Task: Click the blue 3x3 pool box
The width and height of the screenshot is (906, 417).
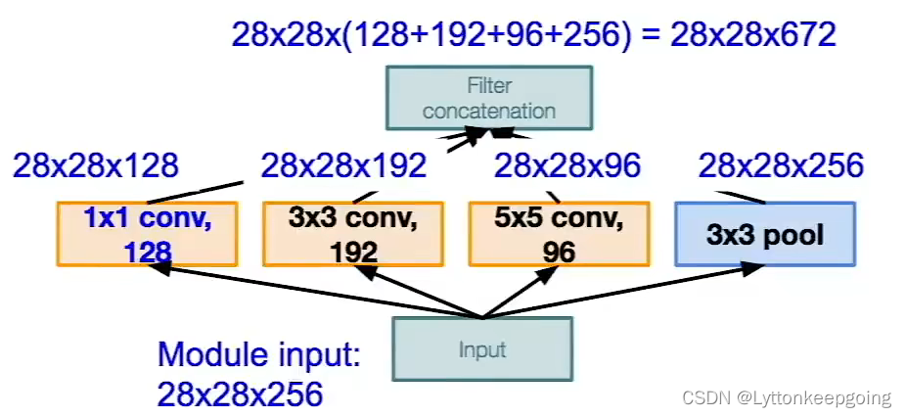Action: [x=765, y=234]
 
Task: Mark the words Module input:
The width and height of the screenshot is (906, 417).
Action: [x=259, y=354]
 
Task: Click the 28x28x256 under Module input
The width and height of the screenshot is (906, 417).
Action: [x=240, y=394]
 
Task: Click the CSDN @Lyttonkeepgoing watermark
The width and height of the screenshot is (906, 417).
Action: [x=787, y=398]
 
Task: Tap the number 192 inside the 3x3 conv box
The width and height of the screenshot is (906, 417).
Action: [x=353, y=253]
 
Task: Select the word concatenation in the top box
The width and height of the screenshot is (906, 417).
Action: [x=489, y=111]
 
